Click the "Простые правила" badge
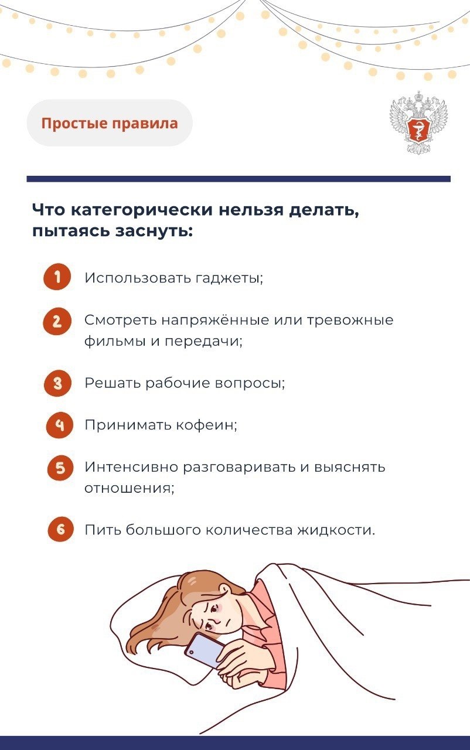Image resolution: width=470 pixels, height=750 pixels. click(x=110, y=123)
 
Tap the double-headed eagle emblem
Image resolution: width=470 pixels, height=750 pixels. click(x=419, y=122)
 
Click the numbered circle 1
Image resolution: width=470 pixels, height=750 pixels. click(x=57, y=277)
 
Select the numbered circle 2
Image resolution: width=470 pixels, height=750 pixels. click(x=57, y=321)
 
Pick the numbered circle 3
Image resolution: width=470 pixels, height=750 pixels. click(x=58, y=383)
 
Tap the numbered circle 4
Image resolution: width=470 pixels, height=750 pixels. click(x=60, y=425)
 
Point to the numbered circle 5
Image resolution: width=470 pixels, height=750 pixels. click(x=60, y=468)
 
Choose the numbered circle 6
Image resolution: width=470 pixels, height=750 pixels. click(x=60, y=529)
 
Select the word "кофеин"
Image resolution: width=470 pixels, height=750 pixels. click(x=205, y=425)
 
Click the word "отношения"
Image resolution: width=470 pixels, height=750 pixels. click(x=128, y=488)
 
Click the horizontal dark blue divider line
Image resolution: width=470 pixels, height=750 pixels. click(x=239, y=179)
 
